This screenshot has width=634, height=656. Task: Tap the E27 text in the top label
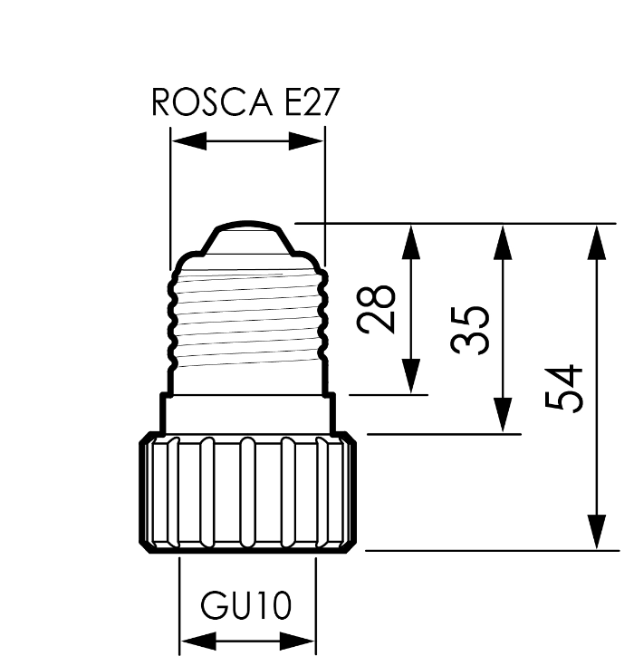coord(310,103)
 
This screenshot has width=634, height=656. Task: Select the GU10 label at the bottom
coord(246,605)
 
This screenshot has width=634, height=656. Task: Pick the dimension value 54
coord(565,388)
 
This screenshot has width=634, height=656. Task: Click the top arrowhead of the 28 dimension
coord(412,239)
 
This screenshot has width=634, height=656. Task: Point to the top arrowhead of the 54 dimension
coord(596,239)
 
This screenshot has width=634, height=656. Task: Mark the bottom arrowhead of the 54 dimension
coord(596,532)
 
